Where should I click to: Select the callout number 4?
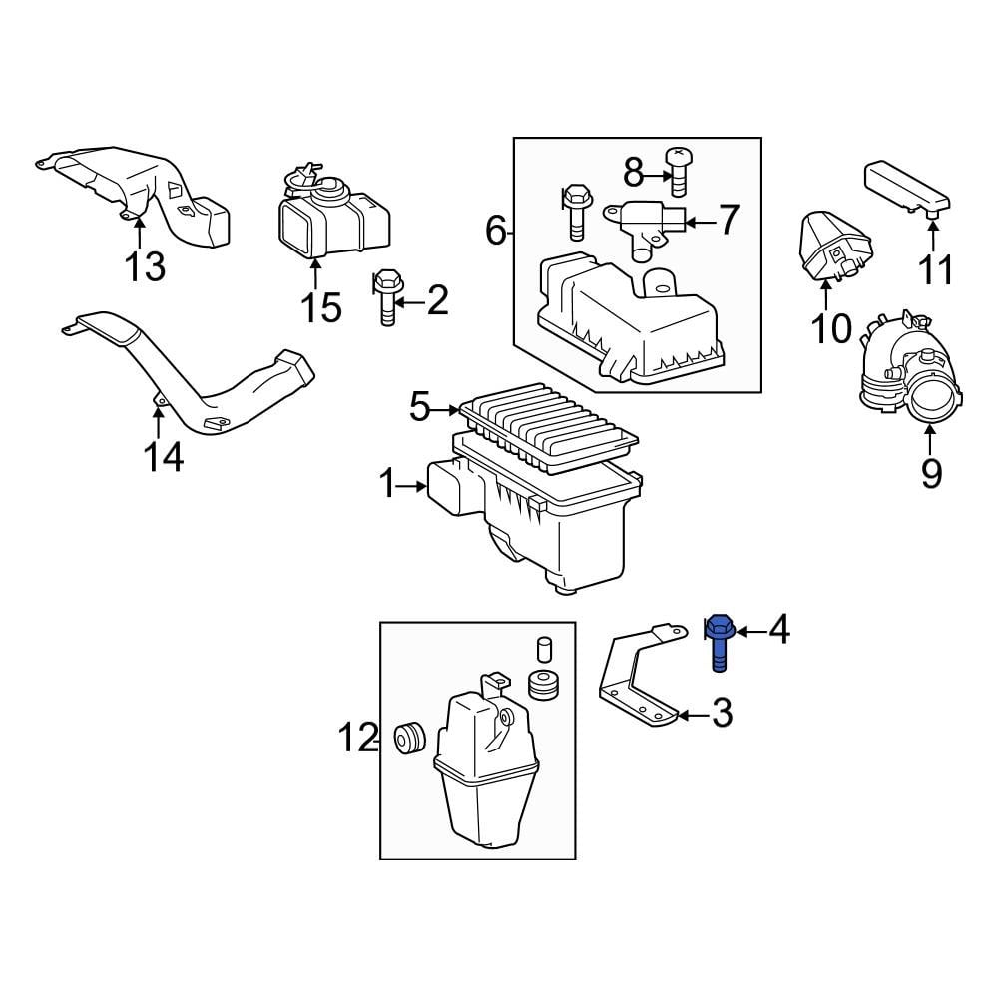778,629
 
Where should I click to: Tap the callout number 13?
144,267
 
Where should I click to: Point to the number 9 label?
930,473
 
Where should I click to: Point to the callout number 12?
357,740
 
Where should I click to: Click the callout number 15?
321,306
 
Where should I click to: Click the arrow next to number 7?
699,220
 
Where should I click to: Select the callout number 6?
496,232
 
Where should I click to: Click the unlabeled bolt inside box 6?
576,210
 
